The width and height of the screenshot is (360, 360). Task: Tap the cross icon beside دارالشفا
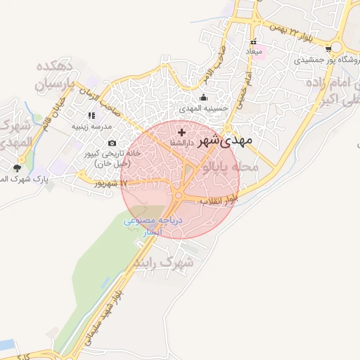pyautogui.click(x=182, y=132)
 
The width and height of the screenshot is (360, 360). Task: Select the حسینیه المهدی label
pyautogui.click(x=203, y=108)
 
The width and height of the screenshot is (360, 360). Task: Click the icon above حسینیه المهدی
pyautogui.click(x=204, y=98)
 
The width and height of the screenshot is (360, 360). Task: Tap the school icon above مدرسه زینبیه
pyautogui.click(x=91, y=116)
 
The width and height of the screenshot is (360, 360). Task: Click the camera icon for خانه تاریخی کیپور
pyautogui.click(x=112, y=143)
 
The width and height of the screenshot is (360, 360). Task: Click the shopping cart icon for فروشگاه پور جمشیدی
pyautogui.click(x=329, y=49)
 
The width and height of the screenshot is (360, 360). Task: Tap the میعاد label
pyautogui.click(x=253, y=53)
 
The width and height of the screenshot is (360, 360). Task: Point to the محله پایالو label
pyautogui.click(x=230, y=168)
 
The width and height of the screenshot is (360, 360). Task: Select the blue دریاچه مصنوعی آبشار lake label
pyautogui.click(x=153, y=226)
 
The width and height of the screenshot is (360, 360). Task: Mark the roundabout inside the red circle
pyautogui.click(x=179, y=195)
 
